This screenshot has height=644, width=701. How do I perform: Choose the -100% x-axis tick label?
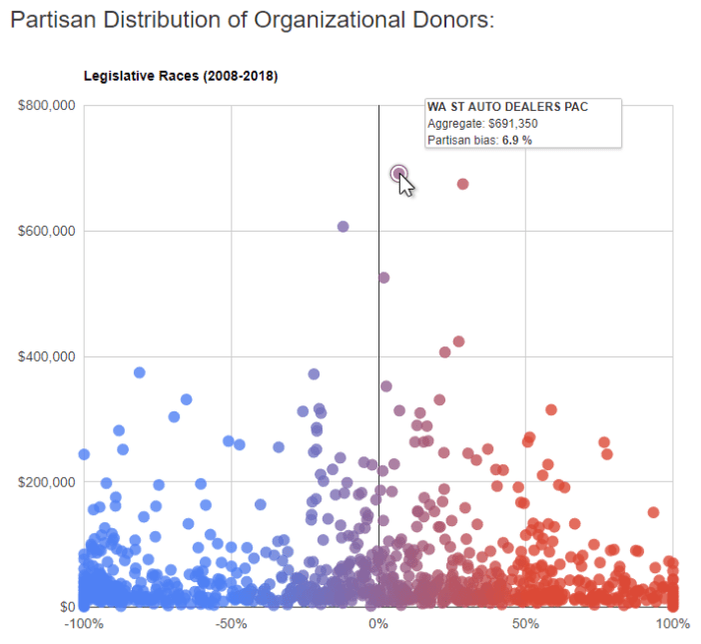click(84, 624)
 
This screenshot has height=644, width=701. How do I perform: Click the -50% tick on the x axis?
click(232, 624)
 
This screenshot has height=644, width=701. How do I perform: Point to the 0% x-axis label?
click(378, 624)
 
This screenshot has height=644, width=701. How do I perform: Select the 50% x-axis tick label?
click(525, 624)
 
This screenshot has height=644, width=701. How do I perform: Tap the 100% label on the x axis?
click(672, 624)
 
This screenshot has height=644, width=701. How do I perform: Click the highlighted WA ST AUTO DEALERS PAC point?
click(398, 174)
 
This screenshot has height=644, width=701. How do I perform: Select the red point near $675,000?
click(462, 184)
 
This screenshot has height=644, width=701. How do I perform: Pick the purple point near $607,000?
click(343, 227)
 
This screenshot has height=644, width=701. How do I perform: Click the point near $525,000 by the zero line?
click(383, 278)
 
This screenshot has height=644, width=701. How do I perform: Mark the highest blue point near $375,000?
click(140, 372)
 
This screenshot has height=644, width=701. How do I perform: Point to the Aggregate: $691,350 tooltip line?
click(482, 123)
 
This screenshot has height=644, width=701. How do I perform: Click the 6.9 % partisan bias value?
click(516, 141)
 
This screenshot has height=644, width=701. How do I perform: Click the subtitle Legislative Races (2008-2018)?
click(181, 76)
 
